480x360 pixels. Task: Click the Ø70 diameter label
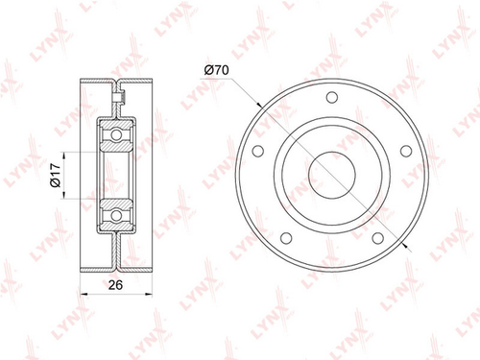click(x=217, y=70)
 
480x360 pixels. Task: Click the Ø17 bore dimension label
click(x=55, y=175)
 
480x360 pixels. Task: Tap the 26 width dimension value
click(x=115, y=284)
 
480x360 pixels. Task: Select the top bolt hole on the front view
click(x=332, y=97)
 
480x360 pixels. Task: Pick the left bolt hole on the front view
click(x=258, y=151)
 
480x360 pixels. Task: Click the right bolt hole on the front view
click(x=406, y=151)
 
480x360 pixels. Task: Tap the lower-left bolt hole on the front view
click(x=286, y=238)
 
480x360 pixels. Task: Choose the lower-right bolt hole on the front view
click(x=377, y=238)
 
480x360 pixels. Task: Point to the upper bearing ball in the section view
click(x=116, y=134)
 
